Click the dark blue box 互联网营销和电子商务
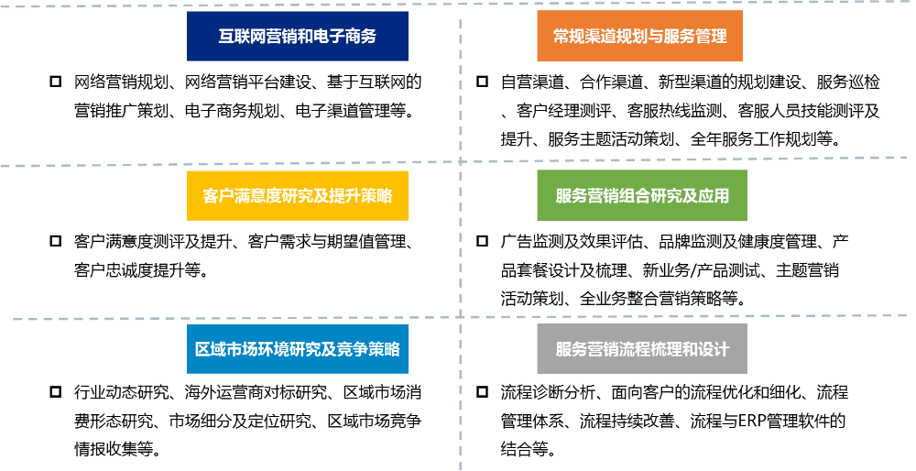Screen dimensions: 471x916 coord(297,37)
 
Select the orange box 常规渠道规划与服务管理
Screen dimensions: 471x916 coord(639,37)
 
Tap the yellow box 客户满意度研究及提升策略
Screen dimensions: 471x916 coord(297,195)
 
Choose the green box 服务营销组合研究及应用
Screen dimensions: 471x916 coord(641,195)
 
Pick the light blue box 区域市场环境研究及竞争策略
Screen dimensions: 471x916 coord(297,349)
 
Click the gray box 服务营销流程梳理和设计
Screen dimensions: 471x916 coord(641,349)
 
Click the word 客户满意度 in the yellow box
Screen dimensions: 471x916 coord(242,195)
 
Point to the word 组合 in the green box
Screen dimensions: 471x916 coord(626,195)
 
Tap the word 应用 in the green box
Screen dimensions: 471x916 coord(713,195)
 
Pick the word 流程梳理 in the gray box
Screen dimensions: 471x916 coord(651,349)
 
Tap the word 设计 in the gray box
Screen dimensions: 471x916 coord(713,349)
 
